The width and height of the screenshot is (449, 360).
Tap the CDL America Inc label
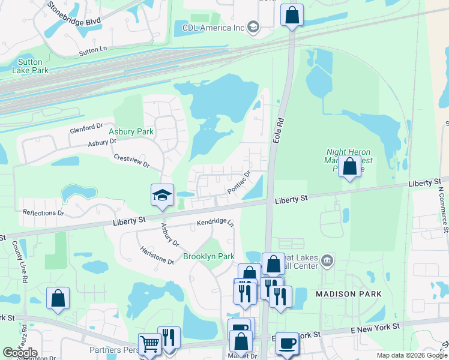click(214, 28)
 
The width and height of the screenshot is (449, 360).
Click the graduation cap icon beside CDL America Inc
click(254, 27)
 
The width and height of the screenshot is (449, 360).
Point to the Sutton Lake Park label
click(27, 66)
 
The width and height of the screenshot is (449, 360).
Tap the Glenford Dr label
click(86, 128)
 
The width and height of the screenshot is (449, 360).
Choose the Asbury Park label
click(131, 131)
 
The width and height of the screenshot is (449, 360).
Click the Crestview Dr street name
click(131, 160)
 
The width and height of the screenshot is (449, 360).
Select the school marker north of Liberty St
click(162, 195)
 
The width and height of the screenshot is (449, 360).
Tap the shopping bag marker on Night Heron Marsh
click(349, 166)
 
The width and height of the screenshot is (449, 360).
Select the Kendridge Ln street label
click(214, 223)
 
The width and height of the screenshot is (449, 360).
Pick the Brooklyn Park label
click(208, 256)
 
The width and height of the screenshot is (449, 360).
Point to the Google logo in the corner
click(20, 353)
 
